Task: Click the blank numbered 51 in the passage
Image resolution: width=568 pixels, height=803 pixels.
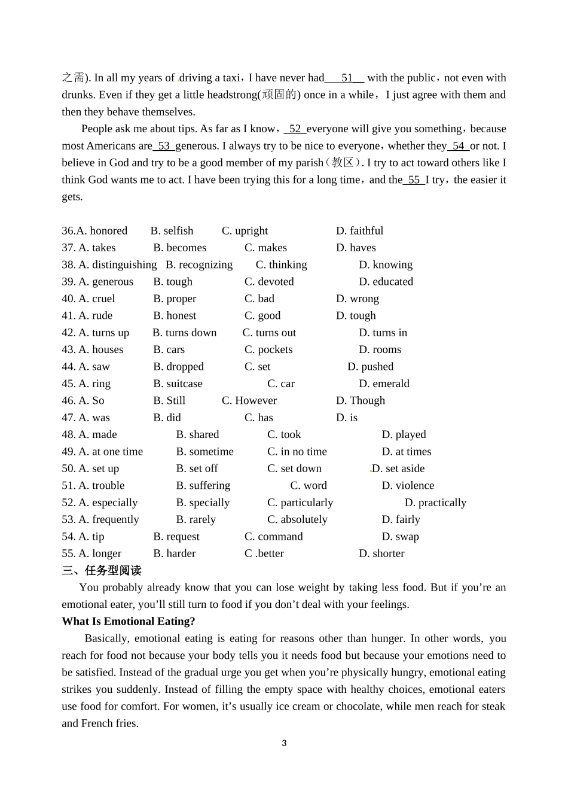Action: pyautogui.click(x=345, y=78)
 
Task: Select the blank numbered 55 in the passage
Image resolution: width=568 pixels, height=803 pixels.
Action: pyautogui.click(x=414, y=180)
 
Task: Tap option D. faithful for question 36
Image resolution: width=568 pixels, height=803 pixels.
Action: pyautogui.click(x=359, y=231)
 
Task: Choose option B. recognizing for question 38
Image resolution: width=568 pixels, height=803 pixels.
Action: pyautogui.click(x=199, y=264)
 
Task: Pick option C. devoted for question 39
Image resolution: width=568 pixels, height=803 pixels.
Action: pyautogui.click(x=269, y=282)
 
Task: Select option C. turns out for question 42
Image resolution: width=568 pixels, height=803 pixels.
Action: pyautogui.click(x=269, y=333)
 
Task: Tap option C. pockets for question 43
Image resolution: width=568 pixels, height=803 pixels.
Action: pyautogui.click(x=268, y=349)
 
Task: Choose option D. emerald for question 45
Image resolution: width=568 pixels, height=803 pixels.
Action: pyautogui.click(x=384, y=384)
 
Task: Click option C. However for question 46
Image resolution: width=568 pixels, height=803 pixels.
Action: pyautogui.click(x=249, y=401)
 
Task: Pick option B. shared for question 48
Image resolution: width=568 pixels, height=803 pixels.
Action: pyautogui.click(x=197, y=434)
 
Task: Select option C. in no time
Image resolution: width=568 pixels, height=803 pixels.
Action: pyautogui.click(x=297, y=452)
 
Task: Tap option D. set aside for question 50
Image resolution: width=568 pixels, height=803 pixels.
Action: pyautogui.click(x=398, y=469)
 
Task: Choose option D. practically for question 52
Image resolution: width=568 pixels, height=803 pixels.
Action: pyautogui.click(x=435, y=503)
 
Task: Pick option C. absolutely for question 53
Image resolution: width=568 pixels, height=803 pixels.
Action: pyautogui.click(x=297, y=519)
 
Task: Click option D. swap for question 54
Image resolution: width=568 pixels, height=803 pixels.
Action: pyautogui.click(x=400, y=537)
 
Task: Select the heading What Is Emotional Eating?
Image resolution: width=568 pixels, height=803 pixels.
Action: pyautogui.click(x=129, y=622)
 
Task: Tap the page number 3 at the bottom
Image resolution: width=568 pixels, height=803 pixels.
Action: pyautogui.click(x=284, y=744)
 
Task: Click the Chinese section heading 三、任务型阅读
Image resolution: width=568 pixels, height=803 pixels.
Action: pyautogui.click(x=102, y=571)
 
